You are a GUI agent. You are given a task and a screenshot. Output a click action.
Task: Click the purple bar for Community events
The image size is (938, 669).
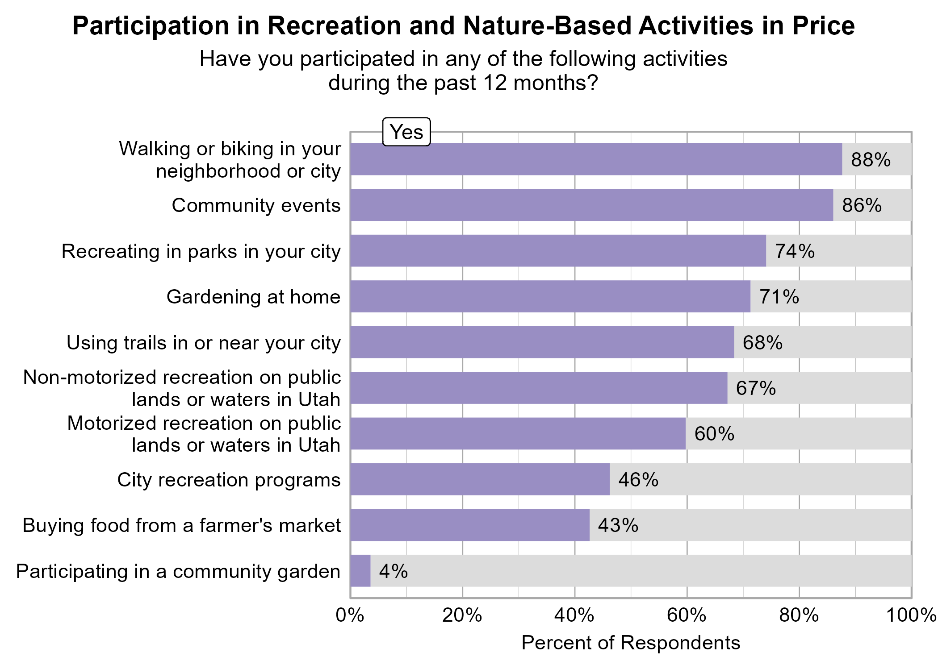(x=591, y=205)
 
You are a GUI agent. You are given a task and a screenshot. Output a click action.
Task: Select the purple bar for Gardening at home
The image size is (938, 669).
(x=550, y=296)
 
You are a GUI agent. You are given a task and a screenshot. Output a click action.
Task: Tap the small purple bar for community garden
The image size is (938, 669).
(x=360, y=571)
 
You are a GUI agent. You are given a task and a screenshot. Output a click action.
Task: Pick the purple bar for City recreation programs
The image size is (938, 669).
(x=480, y=479)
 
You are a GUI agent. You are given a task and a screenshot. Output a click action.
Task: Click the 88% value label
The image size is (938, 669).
(x=870, y=160)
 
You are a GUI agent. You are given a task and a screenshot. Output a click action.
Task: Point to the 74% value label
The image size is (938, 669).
(x=794, y=251)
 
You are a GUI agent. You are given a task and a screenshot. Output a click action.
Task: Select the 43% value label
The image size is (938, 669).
(x=618, y=525)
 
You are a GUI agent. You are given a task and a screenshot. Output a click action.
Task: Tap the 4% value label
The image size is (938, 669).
(x=393, y=571)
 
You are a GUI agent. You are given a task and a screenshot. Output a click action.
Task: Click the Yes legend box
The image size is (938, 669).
(x=406, y=132)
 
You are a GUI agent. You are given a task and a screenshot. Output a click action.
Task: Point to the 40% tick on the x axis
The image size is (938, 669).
(x=574, y=615)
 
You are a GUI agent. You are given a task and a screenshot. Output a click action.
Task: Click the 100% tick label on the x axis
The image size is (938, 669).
(x=911, y=615)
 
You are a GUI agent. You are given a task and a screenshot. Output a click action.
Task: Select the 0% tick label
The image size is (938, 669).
(x=350, y=615)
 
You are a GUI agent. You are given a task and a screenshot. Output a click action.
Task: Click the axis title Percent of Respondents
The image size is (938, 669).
(x=630, y=643)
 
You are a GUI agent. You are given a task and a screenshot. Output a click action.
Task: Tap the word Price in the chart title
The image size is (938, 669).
(x=823, y=26)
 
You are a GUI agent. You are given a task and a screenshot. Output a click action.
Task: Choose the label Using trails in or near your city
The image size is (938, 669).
(x=203, y=343)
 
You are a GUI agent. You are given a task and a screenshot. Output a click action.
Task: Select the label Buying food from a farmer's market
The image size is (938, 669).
(x=181, y=525)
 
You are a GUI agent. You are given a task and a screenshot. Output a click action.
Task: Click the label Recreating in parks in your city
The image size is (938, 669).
(x=201, y=251)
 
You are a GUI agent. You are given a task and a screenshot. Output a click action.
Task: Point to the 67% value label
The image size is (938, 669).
(x=755, y=388)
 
